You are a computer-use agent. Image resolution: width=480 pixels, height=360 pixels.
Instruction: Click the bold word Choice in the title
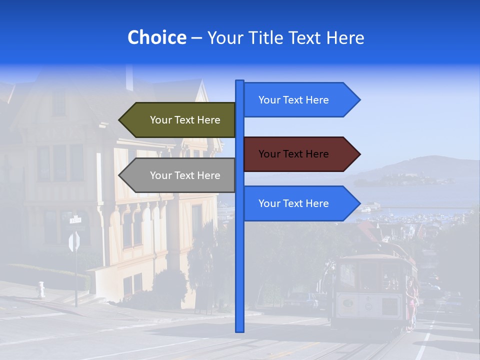point(156,38)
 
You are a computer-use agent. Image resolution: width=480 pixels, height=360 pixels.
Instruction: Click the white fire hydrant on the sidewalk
point(41,289)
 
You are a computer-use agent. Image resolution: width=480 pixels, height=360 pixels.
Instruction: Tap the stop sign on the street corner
point(74,242)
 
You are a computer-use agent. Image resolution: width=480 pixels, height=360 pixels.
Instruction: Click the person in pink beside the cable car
point(411,305)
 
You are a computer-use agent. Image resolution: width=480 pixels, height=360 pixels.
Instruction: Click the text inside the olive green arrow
point(185,120)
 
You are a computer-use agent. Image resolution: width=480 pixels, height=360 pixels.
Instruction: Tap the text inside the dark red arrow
point(293,154)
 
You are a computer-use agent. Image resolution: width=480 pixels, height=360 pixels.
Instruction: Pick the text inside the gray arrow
point(185,175)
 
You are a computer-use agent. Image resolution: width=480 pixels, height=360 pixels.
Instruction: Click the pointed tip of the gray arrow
point(120,175)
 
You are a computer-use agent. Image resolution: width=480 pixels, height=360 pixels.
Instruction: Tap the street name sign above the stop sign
point(75,219)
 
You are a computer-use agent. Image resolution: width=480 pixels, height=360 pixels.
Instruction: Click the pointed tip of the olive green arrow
point(120,120)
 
